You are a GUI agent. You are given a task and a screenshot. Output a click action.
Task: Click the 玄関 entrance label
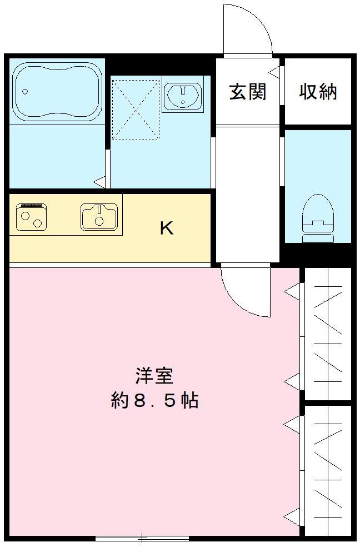pyautogui.click(x=248, y=92)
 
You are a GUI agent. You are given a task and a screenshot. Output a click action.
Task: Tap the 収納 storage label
pyautogui.click(x=318, y=92)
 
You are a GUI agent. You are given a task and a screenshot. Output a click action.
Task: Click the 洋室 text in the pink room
pyautogui.click(x=154, y=376)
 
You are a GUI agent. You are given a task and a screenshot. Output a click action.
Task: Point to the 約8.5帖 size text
pyautogui.click(x=154, y=401)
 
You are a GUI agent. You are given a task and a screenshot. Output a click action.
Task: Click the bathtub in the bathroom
pyautogui.click(x=57, y=91)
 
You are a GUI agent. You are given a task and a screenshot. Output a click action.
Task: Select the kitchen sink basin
pyautogui.click(x=99, y=216)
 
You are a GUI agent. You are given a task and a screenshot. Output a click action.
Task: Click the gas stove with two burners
pyautogui.click(x=31, y=216)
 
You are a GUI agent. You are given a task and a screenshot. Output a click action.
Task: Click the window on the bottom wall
pyautogui.click(x=142, y=538)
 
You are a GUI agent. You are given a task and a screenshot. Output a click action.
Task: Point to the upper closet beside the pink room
pyautogui.click(x=328, y=334)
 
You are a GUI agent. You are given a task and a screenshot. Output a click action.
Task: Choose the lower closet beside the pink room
pyautogui.click(x=328, y=470)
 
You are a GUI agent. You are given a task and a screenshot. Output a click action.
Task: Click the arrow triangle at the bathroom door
pyautogui.click(x=99, y=181)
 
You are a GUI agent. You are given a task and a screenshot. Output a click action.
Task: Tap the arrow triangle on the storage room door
pyautogui.click(x=274, y=71)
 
